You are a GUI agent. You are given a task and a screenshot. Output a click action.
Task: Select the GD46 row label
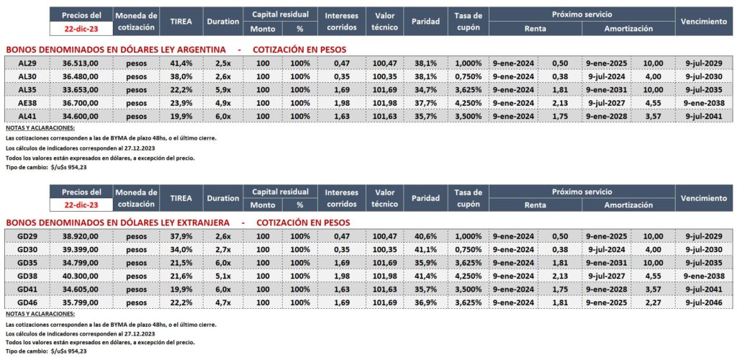pos(27,302)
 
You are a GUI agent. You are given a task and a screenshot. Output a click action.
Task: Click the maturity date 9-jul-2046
pos(703,302)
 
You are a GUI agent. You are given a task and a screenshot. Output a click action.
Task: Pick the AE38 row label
pos(27,104)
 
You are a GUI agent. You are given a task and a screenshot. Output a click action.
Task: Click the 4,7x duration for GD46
pos(222,302)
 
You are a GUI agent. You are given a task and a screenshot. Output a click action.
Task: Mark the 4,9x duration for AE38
pos(222,104)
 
